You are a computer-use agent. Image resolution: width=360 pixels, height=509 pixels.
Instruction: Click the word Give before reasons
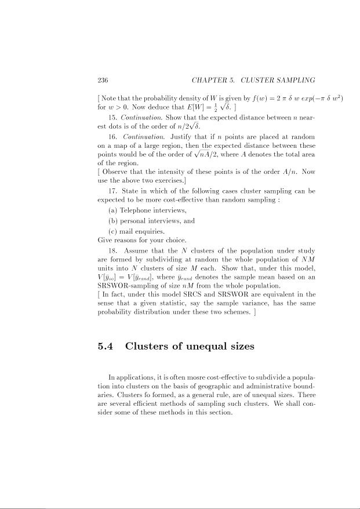pos(106,239)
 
